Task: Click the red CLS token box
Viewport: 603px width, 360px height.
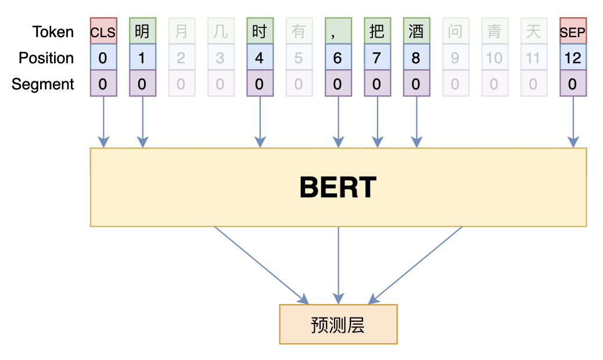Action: pos(103,31)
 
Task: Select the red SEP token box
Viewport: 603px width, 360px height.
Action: pos(573,31)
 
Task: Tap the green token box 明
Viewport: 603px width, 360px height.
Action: pos(142,31)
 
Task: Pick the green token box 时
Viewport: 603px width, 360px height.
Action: pos(260,31)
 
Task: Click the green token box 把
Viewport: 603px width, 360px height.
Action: pos(377,31)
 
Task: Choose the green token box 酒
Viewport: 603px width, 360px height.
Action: pos(416,31)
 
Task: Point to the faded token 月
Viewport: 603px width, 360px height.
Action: pos(181,31)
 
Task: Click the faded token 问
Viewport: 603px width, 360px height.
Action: pos(455,31)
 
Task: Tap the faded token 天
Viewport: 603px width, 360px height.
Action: pos(533,31)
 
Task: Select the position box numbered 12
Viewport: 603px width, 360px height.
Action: pos(573,57)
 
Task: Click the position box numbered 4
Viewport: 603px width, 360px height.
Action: pos(260,57)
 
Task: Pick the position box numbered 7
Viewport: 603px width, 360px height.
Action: pos(377,57)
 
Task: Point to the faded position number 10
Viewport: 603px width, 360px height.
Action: pos(494,57)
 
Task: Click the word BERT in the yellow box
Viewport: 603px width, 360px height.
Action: pos(338,188)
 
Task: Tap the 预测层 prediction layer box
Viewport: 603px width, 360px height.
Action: pos(338,324)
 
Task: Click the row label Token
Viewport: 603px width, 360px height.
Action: pos(53,31)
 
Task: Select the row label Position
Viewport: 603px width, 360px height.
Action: pos(46,57)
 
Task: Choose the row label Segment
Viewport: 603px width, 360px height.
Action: pos(43,84)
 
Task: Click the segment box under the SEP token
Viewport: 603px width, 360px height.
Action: pos(573,84)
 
